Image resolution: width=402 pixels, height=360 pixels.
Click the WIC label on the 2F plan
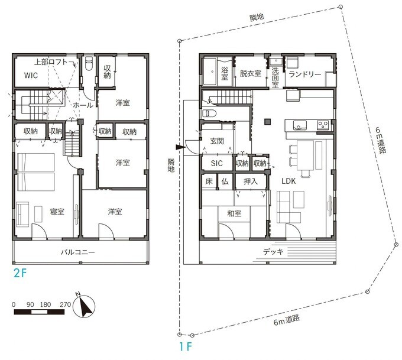click(31, 76)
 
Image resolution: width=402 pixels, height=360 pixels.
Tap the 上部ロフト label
click(51, 62)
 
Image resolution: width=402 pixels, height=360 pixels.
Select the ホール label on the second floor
click(83, 105)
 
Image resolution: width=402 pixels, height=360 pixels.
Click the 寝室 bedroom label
click(57, 212)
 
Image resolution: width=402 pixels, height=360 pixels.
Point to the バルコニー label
click(77, 252)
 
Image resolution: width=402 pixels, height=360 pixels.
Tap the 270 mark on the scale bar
click(65, 304)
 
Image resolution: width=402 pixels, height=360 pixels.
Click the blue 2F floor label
click(20, 273)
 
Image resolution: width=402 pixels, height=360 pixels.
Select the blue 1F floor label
click(185, 346)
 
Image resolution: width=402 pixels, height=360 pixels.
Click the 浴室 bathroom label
click(225, 73)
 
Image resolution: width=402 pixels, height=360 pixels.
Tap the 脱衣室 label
click(251, 73)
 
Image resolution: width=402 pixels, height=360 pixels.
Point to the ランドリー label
click(304, 74)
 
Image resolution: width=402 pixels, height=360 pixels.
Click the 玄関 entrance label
click(217, 141)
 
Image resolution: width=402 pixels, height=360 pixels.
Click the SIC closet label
click(216, 163)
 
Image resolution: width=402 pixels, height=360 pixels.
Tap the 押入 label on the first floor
click(251, 181)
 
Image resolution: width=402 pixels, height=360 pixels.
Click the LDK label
click(288, 181)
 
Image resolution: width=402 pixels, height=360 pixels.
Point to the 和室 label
click(234, 213)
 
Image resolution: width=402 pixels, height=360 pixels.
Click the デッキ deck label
click(273, 252)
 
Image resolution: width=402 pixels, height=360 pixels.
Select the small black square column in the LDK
click(268, 122)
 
